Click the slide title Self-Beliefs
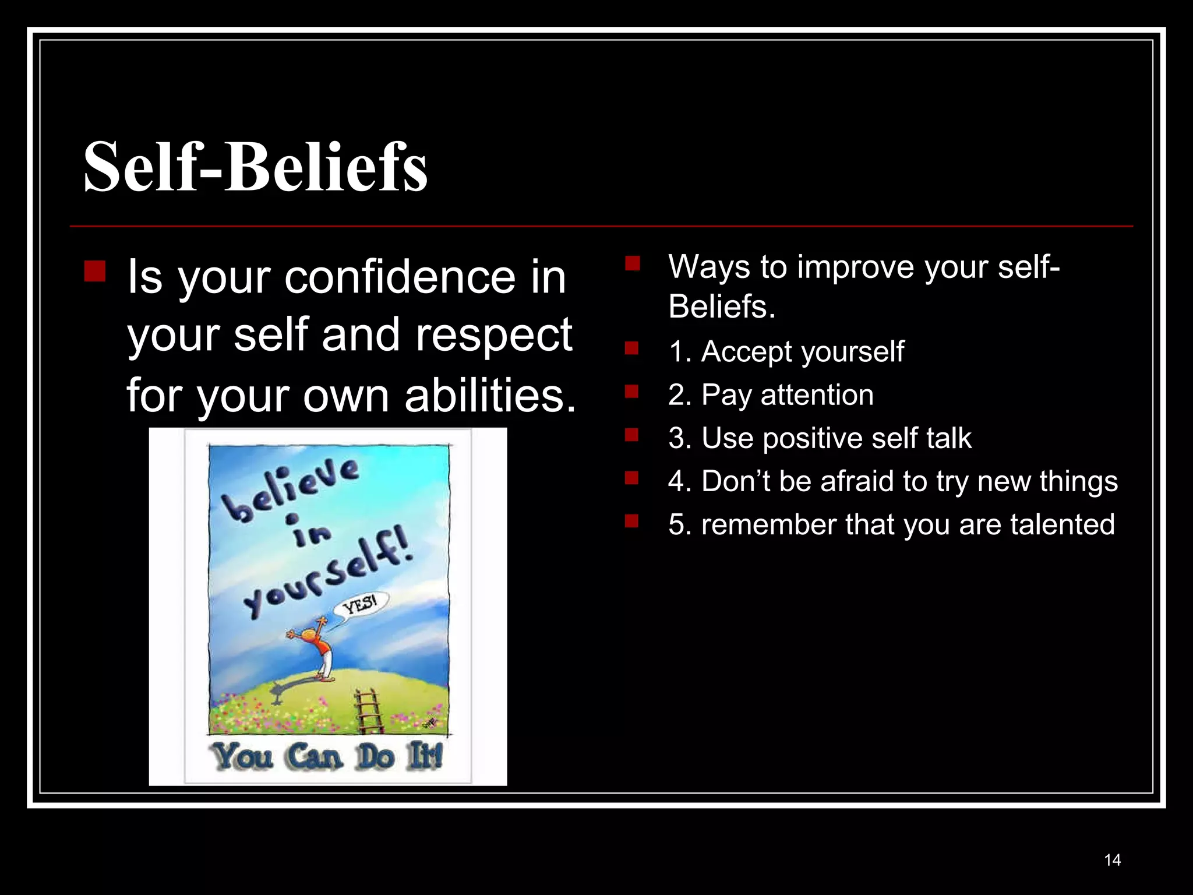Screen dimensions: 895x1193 click(x=255, y=167)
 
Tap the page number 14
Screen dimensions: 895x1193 click(x=1112, y=860)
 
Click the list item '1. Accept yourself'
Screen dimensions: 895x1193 click(x=786, y=351)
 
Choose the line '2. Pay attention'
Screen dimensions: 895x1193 click(x=770, y=394)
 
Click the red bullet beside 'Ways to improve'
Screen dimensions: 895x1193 click(x=632, y=264)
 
